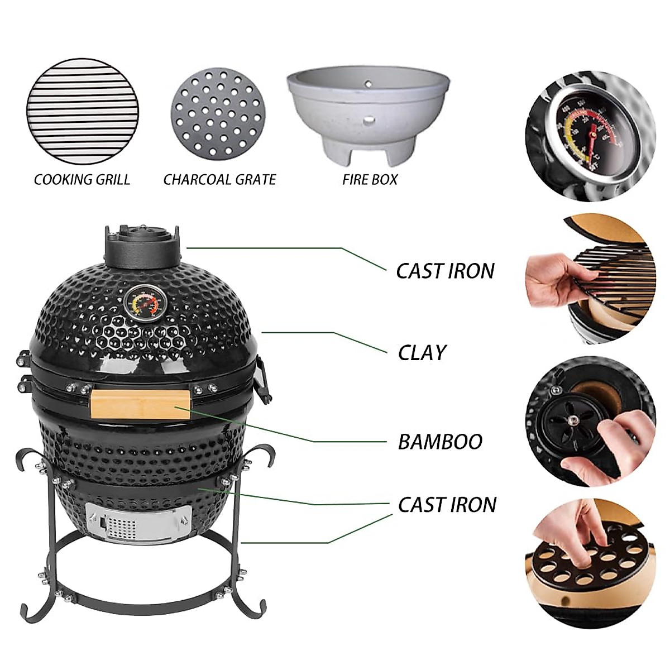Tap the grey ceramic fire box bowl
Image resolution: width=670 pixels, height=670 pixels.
coord(368,114)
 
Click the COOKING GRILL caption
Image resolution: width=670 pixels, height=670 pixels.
coord(82,180)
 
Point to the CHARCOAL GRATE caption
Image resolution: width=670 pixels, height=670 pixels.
coord(219,180)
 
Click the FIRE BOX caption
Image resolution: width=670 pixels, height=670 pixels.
coord(370,180)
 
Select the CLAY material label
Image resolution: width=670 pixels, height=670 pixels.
coord(422,353)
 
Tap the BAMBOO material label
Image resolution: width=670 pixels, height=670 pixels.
coord(440,442)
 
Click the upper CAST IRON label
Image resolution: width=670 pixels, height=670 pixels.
coord(445,271)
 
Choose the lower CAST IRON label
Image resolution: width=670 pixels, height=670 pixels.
coord(447,505)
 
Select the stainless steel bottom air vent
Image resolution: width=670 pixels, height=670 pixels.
coord(138,523)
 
